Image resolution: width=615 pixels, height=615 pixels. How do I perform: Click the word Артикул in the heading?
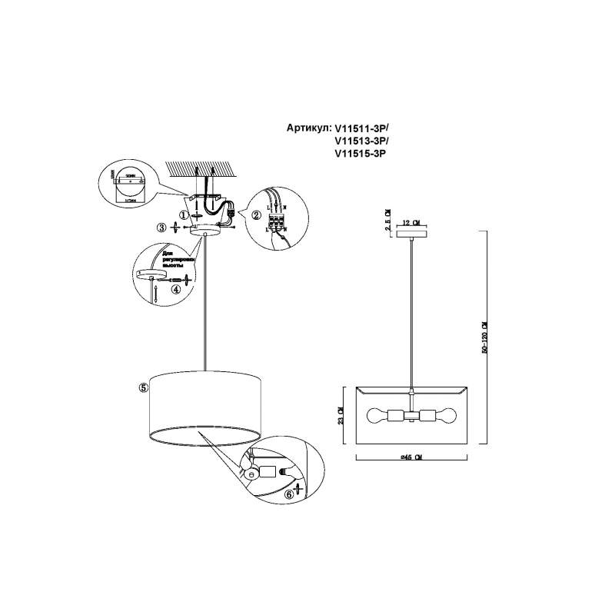pos(307,128)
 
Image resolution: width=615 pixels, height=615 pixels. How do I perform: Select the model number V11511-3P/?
pos(362,128)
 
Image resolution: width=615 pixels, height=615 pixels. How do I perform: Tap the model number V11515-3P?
pos(360,154)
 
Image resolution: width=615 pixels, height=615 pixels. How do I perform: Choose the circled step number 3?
pos(161,228)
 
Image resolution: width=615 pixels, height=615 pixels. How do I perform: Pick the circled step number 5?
pos(143,388)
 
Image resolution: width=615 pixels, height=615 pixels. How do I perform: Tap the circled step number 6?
pos(289,495)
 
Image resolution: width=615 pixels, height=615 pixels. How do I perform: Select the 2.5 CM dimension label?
pos(388,219)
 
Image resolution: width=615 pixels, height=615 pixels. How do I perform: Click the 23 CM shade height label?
pos(342,415)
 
